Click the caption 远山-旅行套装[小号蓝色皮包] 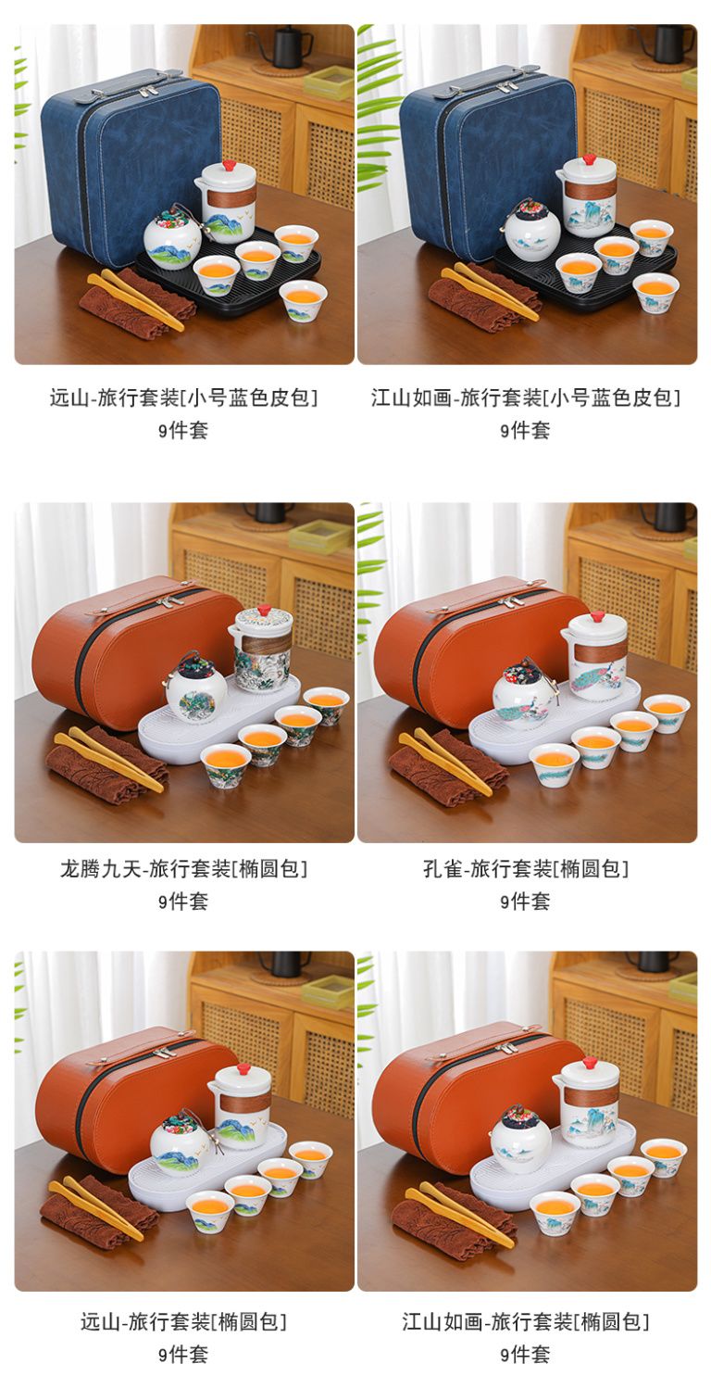pos(184,397)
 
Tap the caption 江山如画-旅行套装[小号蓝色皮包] pos(526,397)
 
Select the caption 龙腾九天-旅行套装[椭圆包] pos(184,869)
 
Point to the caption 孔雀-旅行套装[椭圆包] pos(526,869)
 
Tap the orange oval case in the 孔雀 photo pos(470,650)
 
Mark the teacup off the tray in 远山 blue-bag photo pos(303,300)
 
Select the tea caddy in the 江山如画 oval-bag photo pos(519,1139)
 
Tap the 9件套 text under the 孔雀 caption pos(526,901)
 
